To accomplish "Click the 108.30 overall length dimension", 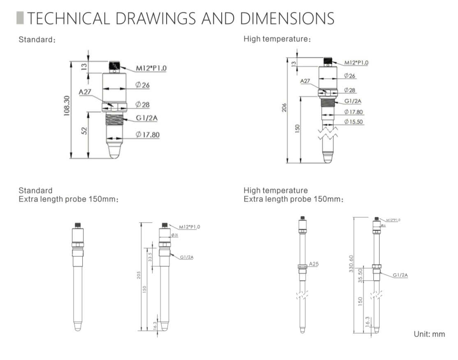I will click(67, 106).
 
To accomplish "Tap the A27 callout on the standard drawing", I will click(85, 92).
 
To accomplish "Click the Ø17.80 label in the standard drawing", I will click(148, 135).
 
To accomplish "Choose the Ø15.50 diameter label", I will click(353, 122).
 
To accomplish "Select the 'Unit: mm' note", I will click(429, 334).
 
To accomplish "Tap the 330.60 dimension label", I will click(350, 263).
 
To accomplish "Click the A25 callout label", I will click(314, 264).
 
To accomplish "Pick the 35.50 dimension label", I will click(361, 275).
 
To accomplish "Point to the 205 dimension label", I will click(139, 275).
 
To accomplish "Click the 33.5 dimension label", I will click(150, 257).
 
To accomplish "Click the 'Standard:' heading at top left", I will click(37, 40).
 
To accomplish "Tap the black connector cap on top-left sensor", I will click(115, 65).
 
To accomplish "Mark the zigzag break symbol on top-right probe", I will click(328, 133).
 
